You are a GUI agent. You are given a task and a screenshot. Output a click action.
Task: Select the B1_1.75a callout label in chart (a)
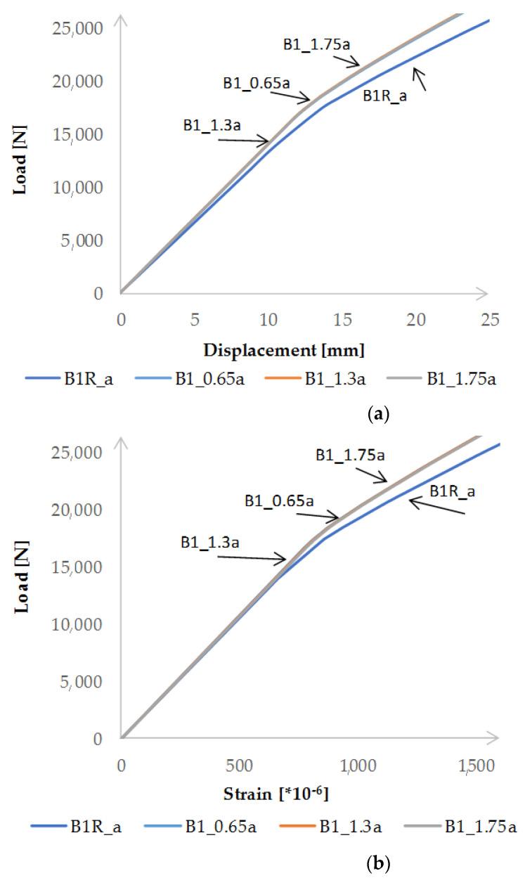(316, 44)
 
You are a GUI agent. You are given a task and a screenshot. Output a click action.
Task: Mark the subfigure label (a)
(378, 415)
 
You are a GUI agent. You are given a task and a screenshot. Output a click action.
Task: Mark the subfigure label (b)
(378, 862)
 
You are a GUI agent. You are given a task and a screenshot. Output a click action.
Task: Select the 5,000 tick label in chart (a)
(84, 241)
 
